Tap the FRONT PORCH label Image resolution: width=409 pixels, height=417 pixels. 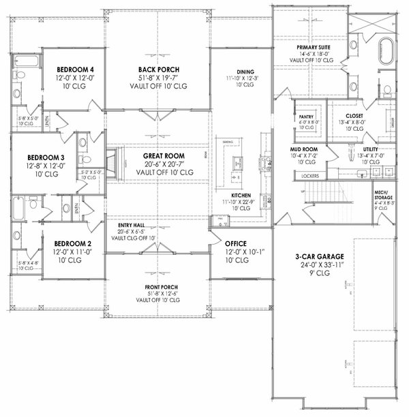pos(157,287)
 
